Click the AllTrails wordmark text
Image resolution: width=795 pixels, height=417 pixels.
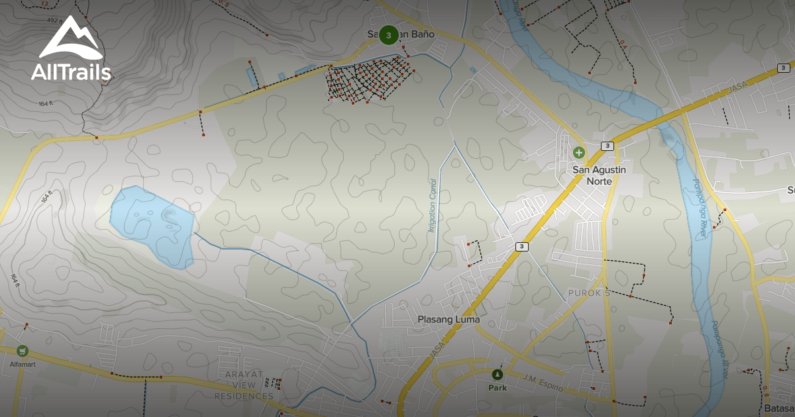pos(71,72)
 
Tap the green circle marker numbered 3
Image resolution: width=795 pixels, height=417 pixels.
pos(389,34)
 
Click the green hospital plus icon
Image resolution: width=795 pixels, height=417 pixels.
pos(579,153)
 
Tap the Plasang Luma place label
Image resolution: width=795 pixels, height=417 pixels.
pos(449,320)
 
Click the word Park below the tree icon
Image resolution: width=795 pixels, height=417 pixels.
pos(498,388)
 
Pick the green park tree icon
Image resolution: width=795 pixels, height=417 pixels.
pos(498,375)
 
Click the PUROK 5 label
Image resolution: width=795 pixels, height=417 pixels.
pos(588,293)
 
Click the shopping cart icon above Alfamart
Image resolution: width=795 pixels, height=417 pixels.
pos(23,351)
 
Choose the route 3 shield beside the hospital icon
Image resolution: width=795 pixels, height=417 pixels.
pos(608,146)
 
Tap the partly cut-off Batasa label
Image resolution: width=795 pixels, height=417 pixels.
pos(779,408)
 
